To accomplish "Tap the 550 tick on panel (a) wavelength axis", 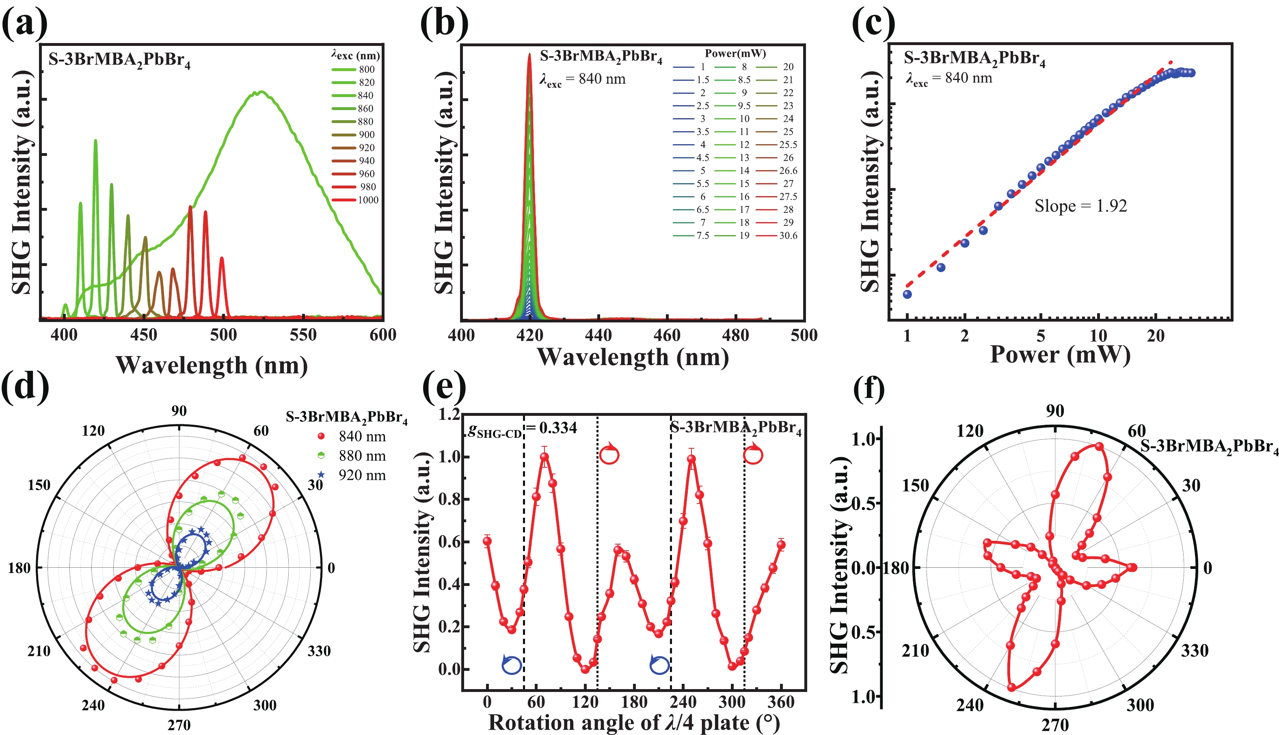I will pyautogui.click(x=303, y=335).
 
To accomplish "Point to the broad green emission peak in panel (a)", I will pyautogui.click(x=260, y=92).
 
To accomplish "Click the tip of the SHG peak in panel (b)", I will pyautogui.click(x=529, y=54).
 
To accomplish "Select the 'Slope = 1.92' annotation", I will pyautogui.click(x=1080, y=206).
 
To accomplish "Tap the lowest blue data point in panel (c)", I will pyautogui.click(x=907, y=294).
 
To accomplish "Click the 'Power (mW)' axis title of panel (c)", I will pyautogui.click(x=1060, y=355).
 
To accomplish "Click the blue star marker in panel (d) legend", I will pyautogui.click(x=321, y=475).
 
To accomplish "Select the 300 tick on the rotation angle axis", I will pyautogui.click(x=732, y=702).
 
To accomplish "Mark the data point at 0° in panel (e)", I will pyautogui.click(x=487, y=541).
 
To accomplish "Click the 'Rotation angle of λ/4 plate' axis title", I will pyautogui.click(x=634, y=723).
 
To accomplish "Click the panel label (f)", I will pyautogui.click(x=869, y=388).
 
